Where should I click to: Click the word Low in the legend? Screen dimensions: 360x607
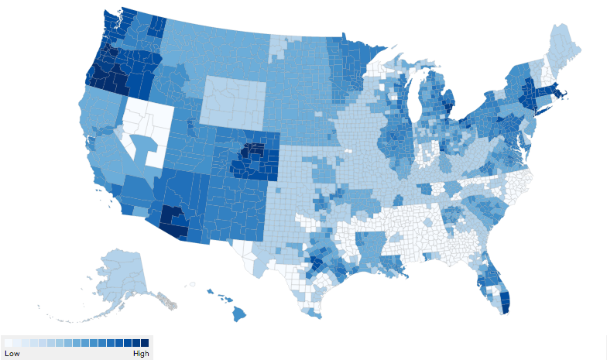[x=12, y=353]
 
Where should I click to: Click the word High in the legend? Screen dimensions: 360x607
[x=140, y=353]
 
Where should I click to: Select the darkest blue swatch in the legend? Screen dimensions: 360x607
[x=144, y=342]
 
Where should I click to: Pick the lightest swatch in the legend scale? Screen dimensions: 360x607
[x=8, y=342]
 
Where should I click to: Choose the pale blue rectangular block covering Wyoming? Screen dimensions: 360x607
[x=232, y=101]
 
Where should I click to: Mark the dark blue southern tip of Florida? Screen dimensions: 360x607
[x=505, y=302]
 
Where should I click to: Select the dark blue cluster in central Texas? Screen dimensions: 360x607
[x=316, y=263]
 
